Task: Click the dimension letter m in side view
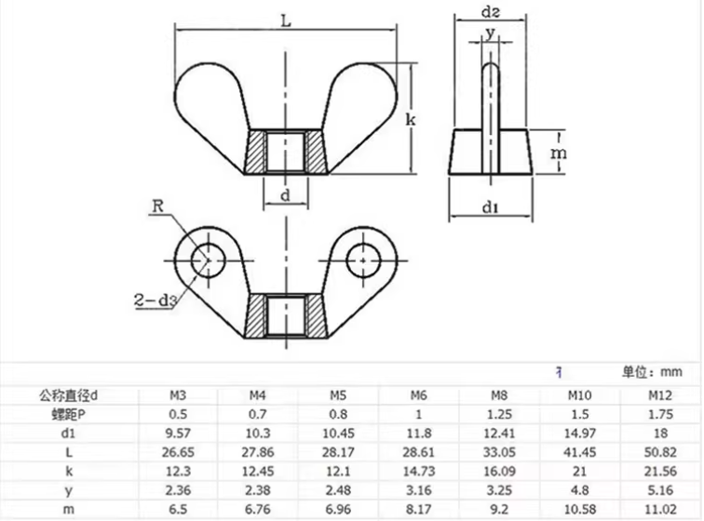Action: [556, 151]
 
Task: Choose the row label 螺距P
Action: [68, 413]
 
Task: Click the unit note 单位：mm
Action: [653, 372]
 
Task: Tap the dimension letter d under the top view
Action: [286, 194]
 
